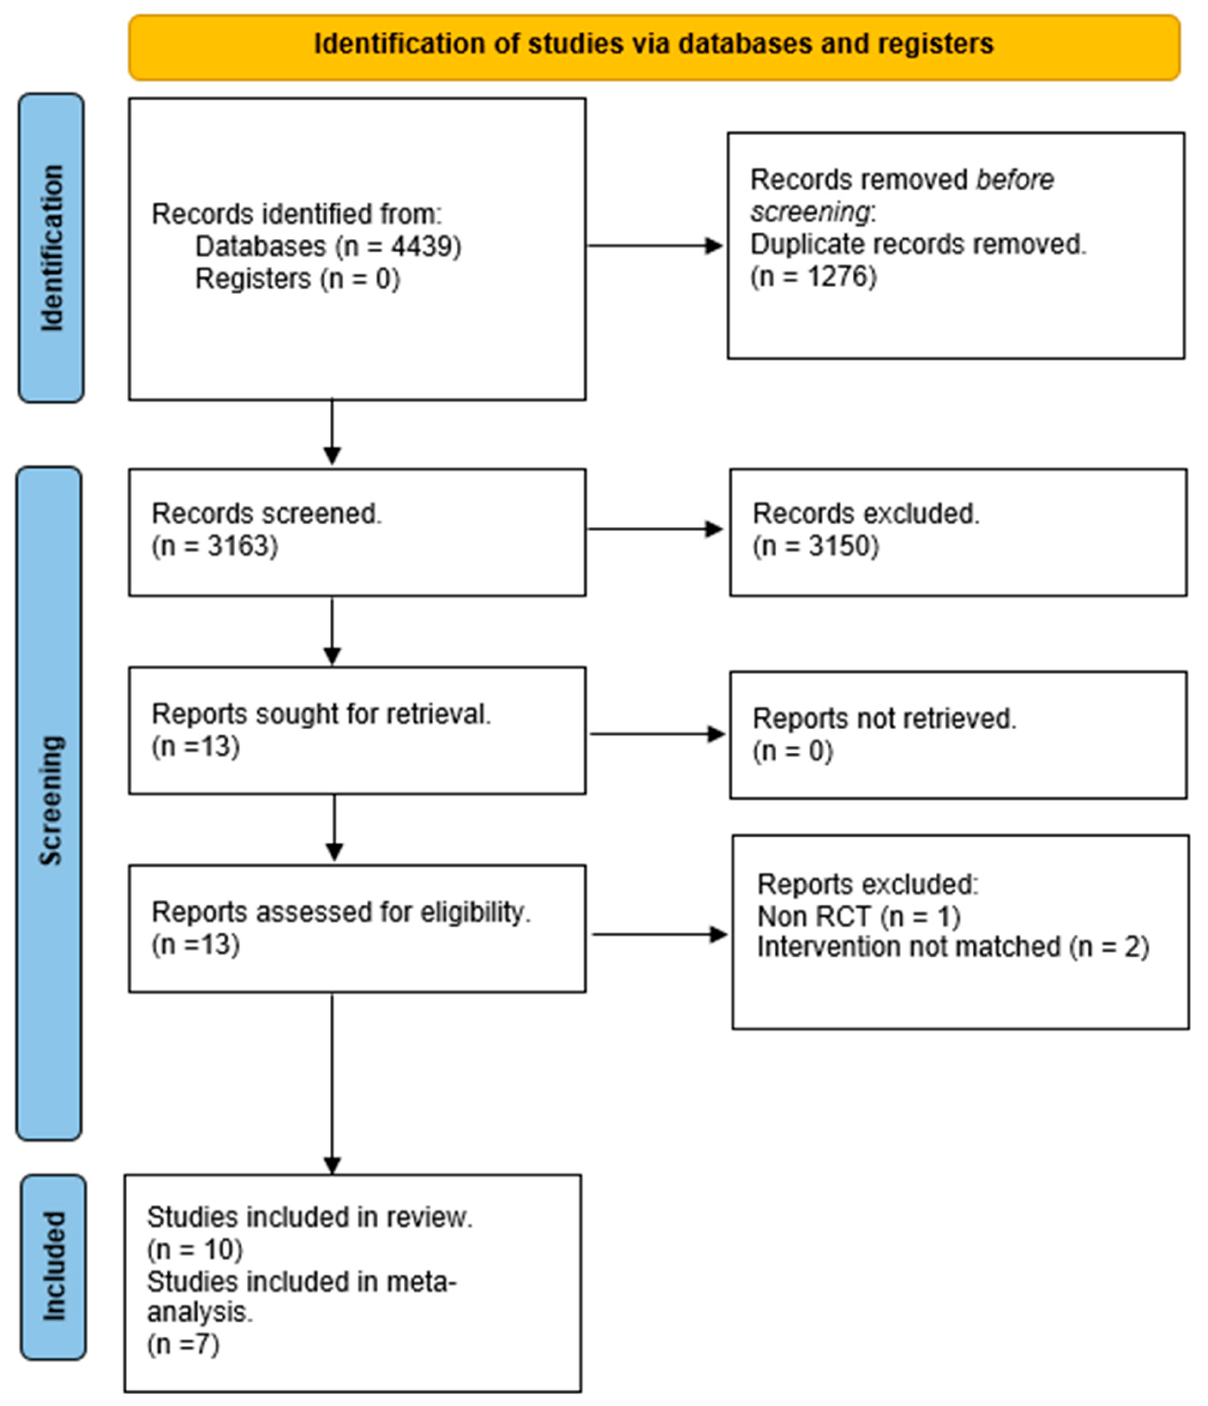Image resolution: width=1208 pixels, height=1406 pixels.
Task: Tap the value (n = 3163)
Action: (x=215, y=546)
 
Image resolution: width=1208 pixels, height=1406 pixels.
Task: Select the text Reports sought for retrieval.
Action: (x=321, y=714)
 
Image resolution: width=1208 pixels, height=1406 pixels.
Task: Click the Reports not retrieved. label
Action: (x=884, y=718)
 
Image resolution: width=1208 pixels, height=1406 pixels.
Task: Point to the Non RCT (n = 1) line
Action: (x=859, y=916)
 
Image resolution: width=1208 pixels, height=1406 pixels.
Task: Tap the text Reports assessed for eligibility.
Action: (x=341, y=912)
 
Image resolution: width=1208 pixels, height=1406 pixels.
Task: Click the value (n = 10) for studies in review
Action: (x=195, y=1249)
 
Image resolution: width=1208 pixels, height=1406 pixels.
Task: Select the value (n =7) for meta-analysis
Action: (x=183, y=1344)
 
